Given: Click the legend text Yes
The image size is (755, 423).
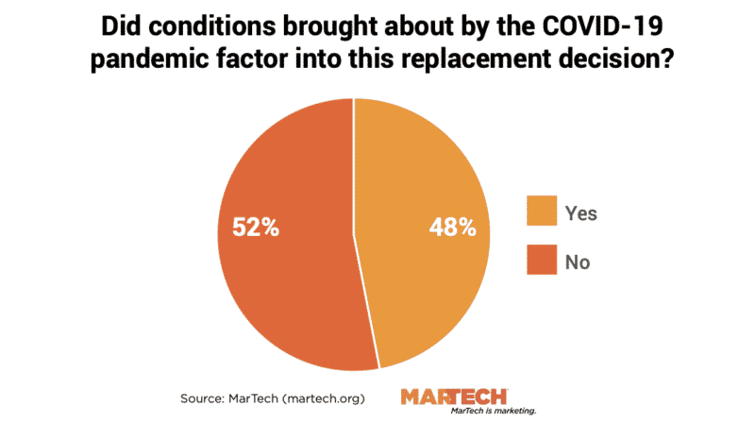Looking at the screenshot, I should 581,213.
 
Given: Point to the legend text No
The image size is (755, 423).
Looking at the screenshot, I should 578,262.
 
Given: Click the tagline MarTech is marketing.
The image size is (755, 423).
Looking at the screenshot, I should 494,412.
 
